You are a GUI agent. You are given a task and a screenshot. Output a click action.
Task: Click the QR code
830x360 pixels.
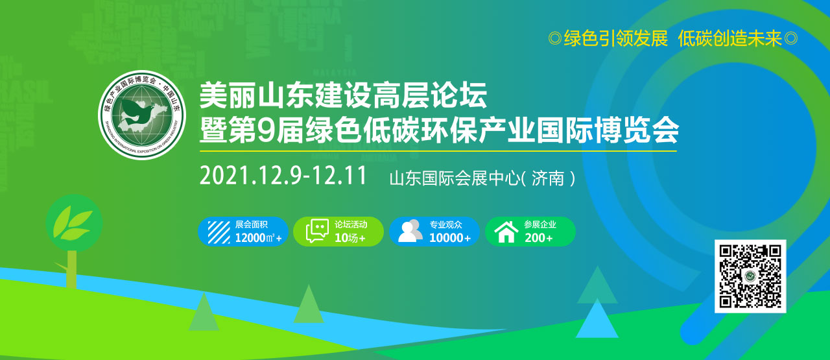tap(750, 276)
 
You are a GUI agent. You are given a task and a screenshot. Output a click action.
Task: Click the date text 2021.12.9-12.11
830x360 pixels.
tap(283, 176)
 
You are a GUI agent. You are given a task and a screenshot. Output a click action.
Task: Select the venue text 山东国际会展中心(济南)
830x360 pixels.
tap(482, 178)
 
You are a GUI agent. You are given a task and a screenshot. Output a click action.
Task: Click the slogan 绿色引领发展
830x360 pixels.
tap(615, 39)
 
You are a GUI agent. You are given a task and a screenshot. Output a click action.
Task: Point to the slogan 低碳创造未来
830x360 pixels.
tap(729, 39)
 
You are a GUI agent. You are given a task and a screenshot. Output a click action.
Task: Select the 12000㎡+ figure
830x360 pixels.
tap(258, 238)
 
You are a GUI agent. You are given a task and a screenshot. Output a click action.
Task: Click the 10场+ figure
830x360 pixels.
tap(350, 238)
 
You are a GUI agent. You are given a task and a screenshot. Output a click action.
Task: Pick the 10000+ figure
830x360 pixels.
tap(449, 238)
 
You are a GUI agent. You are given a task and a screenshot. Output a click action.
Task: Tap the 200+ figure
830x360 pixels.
tap(539, 238)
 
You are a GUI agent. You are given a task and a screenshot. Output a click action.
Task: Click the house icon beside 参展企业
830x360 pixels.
tap(506, 232)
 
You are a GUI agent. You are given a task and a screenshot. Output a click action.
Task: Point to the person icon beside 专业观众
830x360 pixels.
tap(410, 232)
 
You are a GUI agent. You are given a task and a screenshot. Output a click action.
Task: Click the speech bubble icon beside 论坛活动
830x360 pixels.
tap(317, 232)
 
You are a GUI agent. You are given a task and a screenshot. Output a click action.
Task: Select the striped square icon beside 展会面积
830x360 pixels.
tap(219, 232)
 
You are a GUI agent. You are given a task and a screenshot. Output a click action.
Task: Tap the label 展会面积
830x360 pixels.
tap(250, 224)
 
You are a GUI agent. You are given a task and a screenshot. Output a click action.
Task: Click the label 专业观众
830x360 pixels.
tap(445, 224)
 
